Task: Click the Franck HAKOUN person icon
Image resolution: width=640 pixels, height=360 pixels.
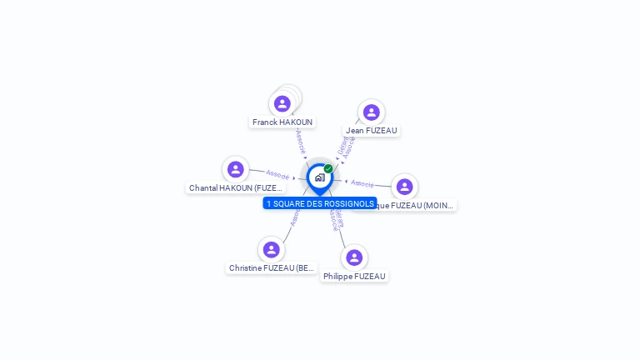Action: tap(282, 104)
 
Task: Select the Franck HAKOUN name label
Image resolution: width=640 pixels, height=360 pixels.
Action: tap(282, 122)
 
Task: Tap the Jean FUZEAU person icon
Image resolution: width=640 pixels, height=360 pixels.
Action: tap(371, 112)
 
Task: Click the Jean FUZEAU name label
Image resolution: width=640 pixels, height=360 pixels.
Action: tap(372, 131)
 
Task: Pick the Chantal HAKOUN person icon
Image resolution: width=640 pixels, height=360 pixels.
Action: tap(236, 169)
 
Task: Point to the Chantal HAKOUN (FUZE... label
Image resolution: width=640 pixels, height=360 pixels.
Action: tap(235, 188)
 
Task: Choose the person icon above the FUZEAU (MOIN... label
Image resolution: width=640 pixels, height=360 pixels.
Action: tap(404, 187)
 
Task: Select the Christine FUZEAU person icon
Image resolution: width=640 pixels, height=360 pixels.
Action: tap(271, 249)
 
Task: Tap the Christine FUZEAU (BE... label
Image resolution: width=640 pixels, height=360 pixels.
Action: tap(272, 268)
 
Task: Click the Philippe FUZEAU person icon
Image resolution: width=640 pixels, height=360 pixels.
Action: tap(354, 257)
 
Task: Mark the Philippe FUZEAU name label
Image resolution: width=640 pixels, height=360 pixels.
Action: tap(354, 276)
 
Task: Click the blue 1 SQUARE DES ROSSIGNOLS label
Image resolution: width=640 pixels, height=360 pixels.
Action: tap(320, 203)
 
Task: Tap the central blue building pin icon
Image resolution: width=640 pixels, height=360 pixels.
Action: tap(319, 177)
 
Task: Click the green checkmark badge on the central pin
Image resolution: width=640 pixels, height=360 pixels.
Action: tap(328, 168)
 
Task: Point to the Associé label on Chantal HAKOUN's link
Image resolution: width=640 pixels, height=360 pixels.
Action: tap(277, 175)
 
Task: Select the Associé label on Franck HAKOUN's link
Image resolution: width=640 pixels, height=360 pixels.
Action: tap(300, 141)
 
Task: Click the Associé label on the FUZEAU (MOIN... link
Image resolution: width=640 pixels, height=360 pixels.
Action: tap(362, 182)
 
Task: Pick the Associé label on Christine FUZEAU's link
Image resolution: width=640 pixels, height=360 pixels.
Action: tap(293, 218)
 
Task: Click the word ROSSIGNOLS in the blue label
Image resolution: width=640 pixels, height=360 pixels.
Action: tap(351, 203)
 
